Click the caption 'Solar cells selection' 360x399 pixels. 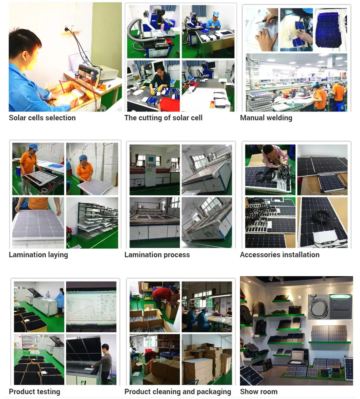pyautogui.click(x=42, y=118)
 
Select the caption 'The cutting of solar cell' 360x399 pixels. pyautogui.click(x=163, y=118)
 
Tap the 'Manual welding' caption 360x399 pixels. pyautogui.click(x=266, y=118)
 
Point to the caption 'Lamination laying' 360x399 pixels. pyautogui.click(x=38, y=255)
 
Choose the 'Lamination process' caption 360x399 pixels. pyautogui.click(x=157, y=255)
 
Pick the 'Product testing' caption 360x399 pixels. pyautogui.click(x=34, y=392)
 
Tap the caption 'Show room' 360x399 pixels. pyautogui.click(x=258, y=392)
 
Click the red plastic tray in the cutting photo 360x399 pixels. pyautogui.click(x=169, y=104)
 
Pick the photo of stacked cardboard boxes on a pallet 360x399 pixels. pyautogui.click(x=207, y=360)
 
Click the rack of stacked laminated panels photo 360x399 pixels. pyautogui.click(x=92, y=223)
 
